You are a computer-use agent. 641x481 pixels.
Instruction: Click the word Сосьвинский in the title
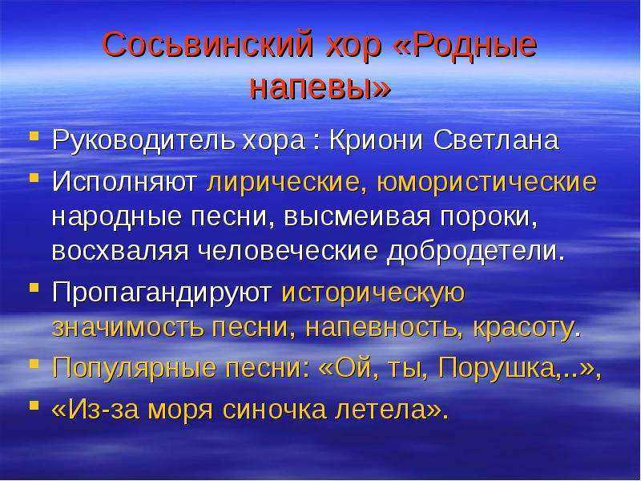(208, 44)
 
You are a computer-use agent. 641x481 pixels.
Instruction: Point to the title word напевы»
(320, 89)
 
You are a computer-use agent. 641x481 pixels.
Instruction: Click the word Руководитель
(144, 141)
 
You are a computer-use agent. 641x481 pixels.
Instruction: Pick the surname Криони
(376, 140)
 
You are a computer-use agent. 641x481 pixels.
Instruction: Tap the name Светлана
(496, 141)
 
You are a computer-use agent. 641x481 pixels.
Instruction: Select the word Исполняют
(124, 182)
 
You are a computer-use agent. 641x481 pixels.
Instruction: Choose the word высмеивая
(357, 216)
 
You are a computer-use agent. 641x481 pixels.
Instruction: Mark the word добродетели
(475, 252)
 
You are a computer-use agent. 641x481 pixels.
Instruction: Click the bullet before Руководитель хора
(34, 135)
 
